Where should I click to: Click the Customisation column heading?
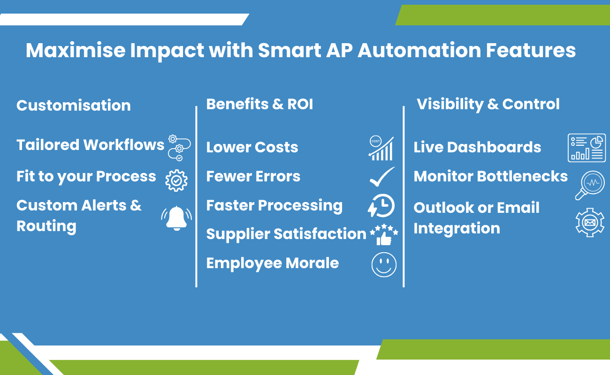click(x=74, y=105)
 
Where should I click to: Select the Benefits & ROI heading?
click(x=259, y=104)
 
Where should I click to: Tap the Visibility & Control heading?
click(x=488, y=104)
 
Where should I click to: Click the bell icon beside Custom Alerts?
click(x=176, y=218)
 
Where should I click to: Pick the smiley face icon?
click(x=384, y=264)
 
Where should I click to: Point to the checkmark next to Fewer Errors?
click(x=382, y=177)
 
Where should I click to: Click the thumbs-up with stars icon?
click(x=384, y=234)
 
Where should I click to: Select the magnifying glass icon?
click(x=589, y=185)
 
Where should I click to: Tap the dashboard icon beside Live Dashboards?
click(x=587, y=148)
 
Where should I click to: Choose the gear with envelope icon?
click(x=590, y=223)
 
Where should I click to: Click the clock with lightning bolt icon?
click(x=381, y=205)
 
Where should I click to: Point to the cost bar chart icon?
click(x=381, y=148)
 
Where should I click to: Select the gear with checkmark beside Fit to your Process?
click(x=176, y=180)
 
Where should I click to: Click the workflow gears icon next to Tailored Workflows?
click(x=179, y=148)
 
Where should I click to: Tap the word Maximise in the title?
click(x=76, y=50)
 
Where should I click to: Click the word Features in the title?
click(x=531, y=50)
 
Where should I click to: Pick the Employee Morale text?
click(x=272, y=263)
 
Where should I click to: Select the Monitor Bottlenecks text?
click(x=491, y=176)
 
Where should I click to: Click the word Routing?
click(x=46, y=226)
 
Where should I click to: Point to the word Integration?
click(x=457, y=228)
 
